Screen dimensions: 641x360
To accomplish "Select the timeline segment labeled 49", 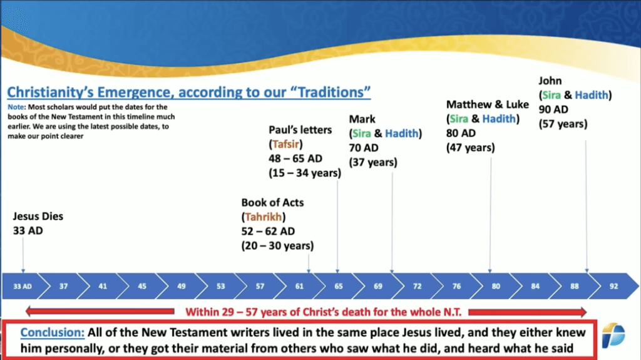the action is pyautogui.click(x=181, y=286).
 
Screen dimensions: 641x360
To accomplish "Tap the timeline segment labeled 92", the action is pyautogui.click(x=613, y=286).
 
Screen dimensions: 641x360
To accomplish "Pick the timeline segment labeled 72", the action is pyautogui.click(x=417, y=286).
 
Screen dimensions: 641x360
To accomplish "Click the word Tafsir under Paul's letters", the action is pyautogui.click(x=285, y=144).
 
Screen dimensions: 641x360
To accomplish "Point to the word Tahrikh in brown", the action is pyautogui.click(x=264, y=217).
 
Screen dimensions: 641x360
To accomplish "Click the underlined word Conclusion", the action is pyautogui.click(x=53, y=332).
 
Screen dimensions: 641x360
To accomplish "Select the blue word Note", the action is pyautogui.click(x=16, y=107).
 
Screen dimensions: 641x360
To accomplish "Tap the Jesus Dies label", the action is pyautogui.click(x=38, y=216).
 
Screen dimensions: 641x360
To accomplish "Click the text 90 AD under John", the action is pyautogui.click(x=553, y=109).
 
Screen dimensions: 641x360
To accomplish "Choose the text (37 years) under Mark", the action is pyautogui.click(x=373, y=162).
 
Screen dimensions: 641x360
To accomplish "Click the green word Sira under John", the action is pyautogui.click(x=551, y=95).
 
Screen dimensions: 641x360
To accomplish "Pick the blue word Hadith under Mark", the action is pyautogui.click(x=402, y=133).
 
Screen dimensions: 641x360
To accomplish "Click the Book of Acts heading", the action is pyautogui.click(x=272, y=202).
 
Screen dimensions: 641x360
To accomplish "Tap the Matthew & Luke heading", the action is pyautogui.click(x=487, y=105).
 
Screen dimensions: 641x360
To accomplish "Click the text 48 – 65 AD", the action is pyautogui.click(x=295, y=158).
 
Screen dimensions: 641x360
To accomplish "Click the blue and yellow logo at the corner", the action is pyautogui.click(x=613, y=335).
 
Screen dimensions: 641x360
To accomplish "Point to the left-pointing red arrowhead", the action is pyautogui.click(x=29, y=312).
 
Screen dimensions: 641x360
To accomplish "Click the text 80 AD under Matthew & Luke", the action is pyautogui.click(x=461, y=133).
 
